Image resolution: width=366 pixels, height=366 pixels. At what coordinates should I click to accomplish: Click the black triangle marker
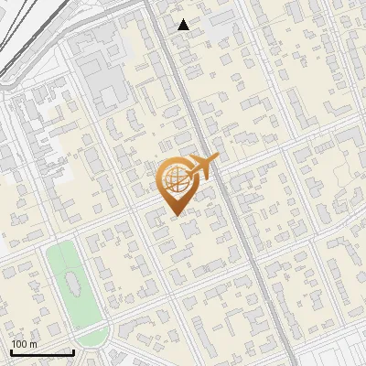[x=184, y=25]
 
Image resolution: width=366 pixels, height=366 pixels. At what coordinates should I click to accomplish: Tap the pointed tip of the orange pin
[x=175, y=216]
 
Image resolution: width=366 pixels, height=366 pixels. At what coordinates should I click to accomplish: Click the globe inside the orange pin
[x=173, y=180]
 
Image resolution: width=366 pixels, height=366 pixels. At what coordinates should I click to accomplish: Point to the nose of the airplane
[x=217, y=160]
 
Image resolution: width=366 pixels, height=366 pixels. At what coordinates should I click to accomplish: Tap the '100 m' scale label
[x=24, y=344]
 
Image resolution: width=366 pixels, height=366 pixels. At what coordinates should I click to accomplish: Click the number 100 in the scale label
[x=19, y=344]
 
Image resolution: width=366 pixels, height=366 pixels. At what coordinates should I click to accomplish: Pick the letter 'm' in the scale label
[x=33, y=345]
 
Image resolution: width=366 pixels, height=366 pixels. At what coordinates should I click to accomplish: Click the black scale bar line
[x=41, y=352]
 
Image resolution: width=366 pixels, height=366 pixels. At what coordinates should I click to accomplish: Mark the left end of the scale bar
[x=10, y=352]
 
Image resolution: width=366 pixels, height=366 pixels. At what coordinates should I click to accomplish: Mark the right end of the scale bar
[x=73, y=351]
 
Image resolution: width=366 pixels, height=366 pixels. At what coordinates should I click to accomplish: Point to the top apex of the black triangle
[x=184, y=19]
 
